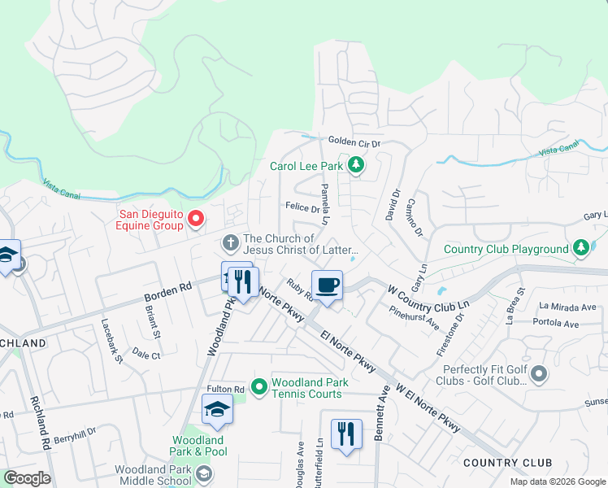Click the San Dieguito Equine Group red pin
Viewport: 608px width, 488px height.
click(195, 218)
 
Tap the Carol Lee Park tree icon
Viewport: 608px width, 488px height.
click(355, 166)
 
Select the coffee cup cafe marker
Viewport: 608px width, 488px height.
click(326, 285)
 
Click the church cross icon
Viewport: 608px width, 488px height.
click(230, 242)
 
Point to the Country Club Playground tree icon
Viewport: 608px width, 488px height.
click(580, 247)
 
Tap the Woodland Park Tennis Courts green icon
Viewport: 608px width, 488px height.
click(259, 386)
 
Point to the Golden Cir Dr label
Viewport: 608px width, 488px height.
click(354, 142)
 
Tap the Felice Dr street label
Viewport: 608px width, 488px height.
click(302, 208)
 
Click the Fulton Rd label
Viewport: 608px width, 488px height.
click(226, 390)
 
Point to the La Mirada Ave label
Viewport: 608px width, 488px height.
click(567, 307)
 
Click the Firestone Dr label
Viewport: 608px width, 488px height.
click(459, 333)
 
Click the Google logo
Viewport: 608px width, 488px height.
click(27, 478)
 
